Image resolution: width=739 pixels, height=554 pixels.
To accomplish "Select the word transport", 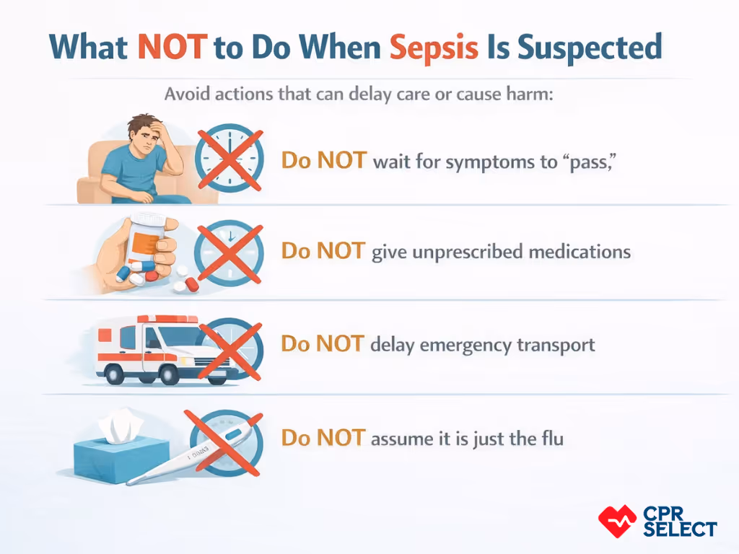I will pos(556,345).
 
